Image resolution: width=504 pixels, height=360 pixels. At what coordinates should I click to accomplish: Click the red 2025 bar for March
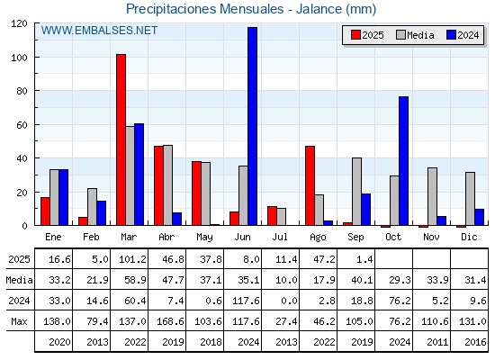(121, 139)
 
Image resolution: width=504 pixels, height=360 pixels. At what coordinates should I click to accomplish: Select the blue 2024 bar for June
(252, 126)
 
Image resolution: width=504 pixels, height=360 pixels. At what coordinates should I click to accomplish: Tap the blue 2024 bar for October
(404, 161)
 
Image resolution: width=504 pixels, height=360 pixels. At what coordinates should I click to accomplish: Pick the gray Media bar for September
(356, 192)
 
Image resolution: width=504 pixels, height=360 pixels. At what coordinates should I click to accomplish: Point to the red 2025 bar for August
(310, 185)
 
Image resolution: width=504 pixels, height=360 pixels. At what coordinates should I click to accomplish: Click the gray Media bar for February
(92, 207)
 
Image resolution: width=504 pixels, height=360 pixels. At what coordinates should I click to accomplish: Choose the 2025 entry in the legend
(367, 35)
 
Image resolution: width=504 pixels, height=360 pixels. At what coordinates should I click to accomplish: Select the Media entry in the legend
(415, 35)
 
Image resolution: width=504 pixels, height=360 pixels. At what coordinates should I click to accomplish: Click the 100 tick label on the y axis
(19, 58)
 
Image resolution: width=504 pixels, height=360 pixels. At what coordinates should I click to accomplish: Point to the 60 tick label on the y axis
(22, 125)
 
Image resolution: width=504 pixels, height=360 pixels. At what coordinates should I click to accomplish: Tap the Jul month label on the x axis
(280, 237)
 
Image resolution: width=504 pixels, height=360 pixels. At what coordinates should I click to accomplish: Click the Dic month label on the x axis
(469, 237)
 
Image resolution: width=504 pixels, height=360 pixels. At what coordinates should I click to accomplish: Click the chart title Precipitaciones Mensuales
(205, 9)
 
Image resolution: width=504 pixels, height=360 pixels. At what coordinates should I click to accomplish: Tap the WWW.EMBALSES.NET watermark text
(99, 31)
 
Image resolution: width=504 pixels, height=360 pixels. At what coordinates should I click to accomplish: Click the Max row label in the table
(19, 321)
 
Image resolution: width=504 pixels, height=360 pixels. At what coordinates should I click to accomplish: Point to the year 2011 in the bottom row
(437, 342)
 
